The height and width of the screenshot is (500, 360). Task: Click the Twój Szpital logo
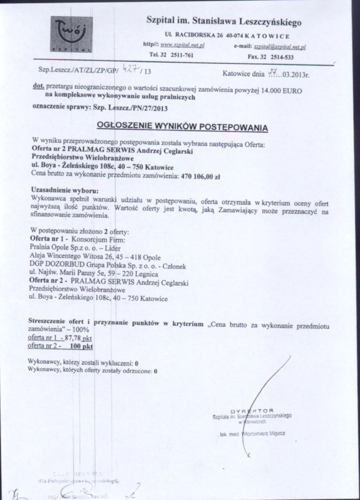pyautogui.click(x=71, y=35)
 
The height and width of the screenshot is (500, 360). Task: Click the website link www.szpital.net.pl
pyautogui.click(x=183, y=44)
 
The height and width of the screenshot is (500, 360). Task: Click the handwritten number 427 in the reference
pyautogui.click(x=133, y=70)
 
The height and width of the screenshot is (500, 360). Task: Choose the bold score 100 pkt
pyautogui.click(x=81, y=345)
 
